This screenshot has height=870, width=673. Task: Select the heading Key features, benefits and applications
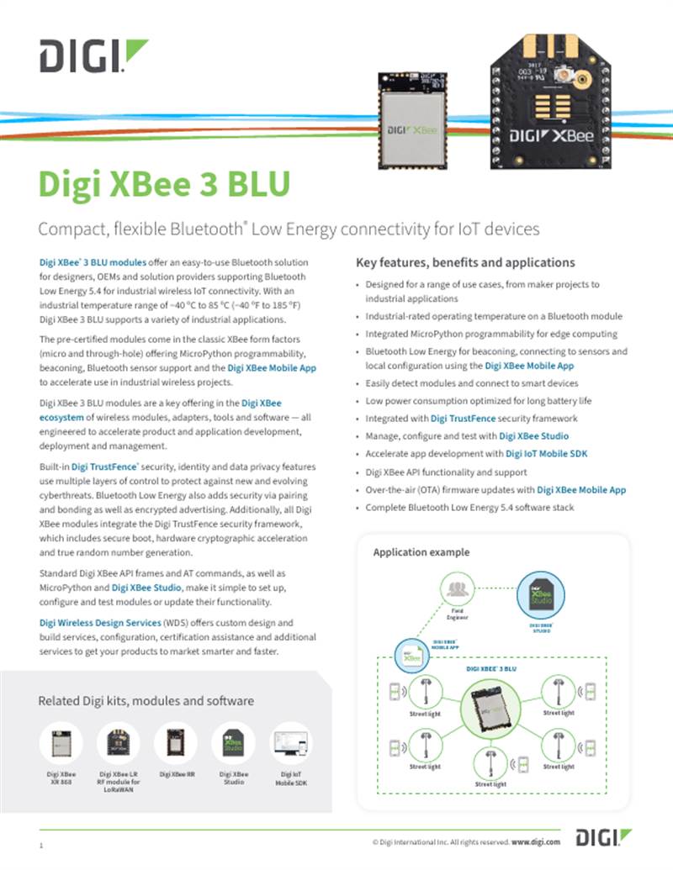click(465, 262)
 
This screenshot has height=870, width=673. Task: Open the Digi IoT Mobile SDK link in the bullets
click(546, 454)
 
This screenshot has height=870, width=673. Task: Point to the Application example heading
click(421, 552)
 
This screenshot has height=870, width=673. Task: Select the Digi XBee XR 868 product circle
click(61, 743)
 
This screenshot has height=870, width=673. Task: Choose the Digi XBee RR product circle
click(177, 743)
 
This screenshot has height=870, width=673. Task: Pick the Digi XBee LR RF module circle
click(119, 743)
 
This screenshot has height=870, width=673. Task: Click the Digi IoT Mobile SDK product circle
click(291, 743)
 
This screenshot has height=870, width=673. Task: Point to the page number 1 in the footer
click(40, 843)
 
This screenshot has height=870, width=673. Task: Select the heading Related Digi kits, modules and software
click(146, 700)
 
